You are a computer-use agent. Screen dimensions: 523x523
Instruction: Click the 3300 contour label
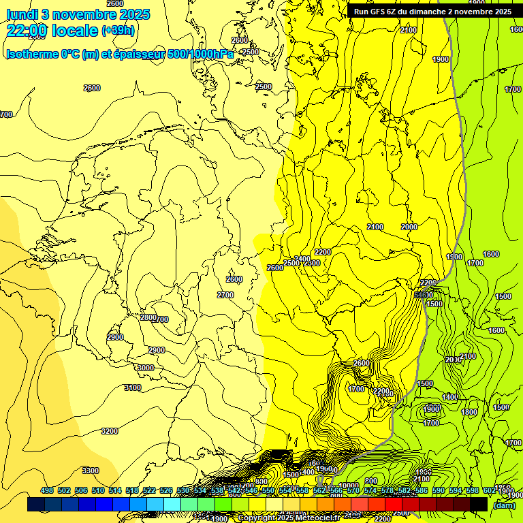point(90,471)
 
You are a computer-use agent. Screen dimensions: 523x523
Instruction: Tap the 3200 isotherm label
point(109,431)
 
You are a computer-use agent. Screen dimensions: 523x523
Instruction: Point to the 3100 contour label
point(132,387)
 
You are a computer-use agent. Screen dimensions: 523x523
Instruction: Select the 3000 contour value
point(146,368)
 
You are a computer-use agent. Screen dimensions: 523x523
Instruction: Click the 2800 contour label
point(148,317)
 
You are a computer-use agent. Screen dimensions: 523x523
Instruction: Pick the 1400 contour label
point(451,397)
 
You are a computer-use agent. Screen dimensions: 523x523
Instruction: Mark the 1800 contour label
point(469,412)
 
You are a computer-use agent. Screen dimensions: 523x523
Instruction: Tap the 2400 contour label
point(303,259)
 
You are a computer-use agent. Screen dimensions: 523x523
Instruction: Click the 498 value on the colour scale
point(47,490)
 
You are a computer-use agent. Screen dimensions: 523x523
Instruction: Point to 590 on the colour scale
point(439,490)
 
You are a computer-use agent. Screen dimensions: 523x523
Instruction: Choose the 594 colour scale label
point(456,490)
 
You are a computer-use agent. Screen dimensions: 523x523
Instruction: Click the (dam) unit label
point(504,505)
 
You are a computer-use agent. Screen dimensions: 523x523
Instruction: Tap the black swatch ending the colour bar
point(479,504)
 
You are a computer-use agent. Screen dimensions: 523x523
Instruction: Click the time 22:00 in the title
point(27,30)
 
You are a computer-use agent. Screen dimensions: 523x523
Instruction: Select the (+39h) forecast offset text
point(118,31)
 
